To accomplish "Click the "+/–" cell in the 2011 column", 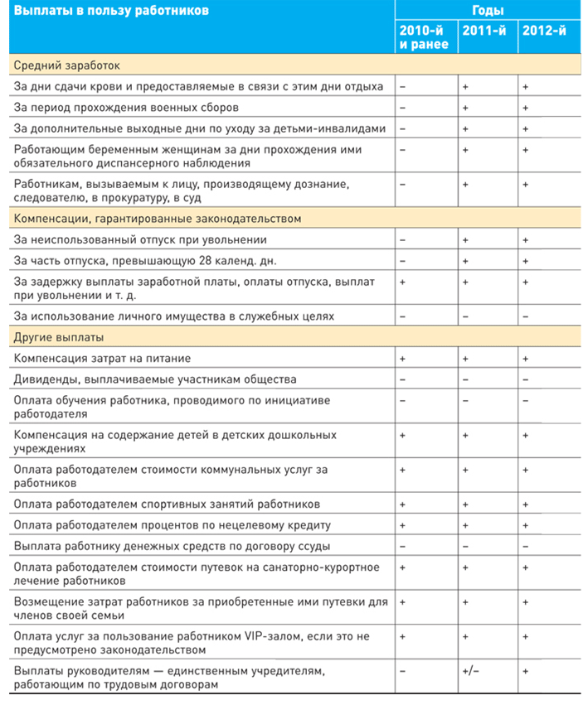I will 470,669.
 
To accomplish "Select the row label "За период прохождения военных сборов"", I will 126,107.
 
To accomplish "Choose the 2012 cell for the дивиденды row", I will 526,379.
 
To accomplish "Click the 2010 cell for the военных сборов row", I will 403,107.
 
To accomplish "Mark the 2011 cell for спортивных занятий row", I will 466,504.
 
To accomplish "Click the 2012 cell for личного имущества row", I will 526,316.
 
